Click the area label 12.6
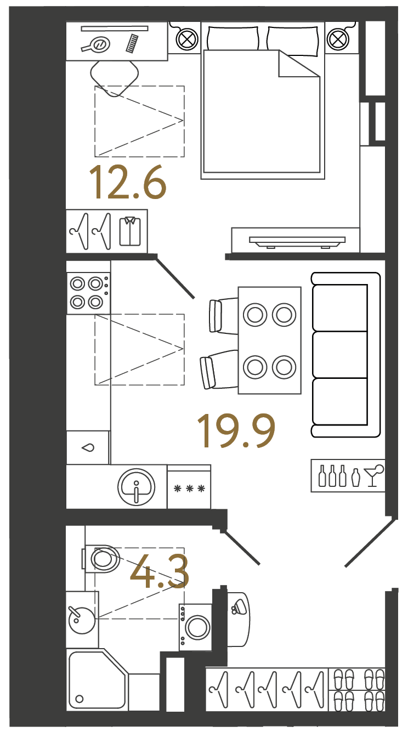[x=128, y=183]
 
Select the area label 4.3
[x=160, y=572]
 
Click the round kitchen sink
[x=136, y=486]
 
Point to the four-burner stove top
[x=88, y=293]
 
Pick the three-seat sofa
[x=345, y=355]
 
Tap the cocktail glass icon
[x=373, y=476]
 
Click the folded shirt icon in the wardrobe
[x=130, y=231]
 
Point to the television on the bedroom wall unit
[x=297, y=241]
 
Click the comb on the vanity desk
[x=132, y=43]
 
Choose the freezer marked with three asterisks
[x=189, y=487]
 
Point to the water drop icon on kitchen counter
[x=88, y=447]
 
